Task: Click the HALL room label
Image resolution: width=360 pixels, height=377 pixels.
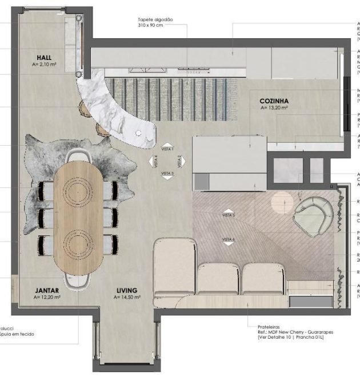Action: (45, 58)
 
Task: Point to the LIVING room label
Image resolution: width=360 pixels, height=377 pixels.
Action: (127, 290)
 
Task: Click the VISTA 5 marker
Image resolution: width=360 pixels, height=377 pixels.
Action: (229, 215)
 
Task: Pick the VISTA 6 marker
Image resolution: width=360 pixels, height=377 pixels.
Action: (229, 240)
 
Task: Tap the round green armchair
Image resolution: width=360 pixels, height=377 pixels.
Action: (313, 216)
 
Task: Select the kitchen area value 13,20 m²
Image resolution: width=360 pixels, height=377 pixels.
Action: (274, 107)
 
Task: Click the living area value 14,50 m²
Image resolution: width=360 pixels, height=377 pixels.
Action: (127, 298)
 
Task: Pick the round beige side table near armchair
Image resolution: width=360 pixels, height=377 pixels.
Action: (281, 202)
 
